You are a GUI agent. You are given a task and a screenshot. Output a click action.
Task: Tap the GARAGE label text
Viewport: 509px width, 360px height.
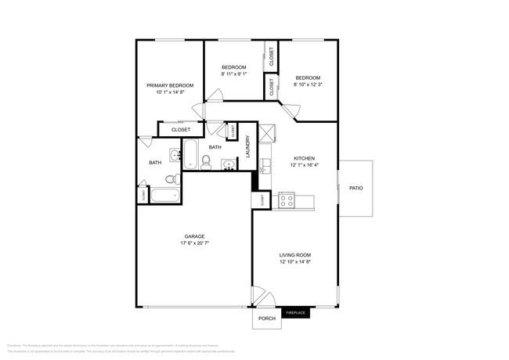pos(195,236)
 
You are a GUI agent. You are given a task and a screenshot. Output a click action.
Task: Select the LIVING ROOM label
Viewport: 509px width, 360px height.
pos(295,255)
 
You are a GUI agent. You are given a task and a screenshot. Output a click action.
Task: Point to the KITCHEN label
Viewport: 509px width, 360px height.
pos(304,157)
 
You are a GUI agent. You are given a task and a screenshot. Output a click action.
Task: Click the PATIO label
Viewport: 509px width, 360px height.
pos(356,188)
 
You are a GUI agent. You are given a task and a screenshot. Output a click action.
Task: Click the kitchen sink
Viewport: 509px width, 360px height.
pos(265,165)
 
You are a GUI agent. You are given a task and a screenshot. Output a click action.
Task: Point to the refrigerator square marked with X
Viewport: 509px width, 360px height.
pos(266,132)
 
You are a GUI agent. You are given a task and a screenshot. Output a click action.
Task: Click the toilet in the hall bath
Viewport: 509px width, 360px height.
pos(206,162)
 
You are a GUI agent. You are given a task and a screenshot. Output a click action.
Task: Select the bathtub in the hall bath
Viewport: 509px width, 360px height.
pos(191,153)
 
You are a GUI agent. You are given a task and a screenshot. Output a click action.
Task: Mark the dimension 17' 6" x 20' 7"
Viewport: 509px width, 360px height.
pos(195,243)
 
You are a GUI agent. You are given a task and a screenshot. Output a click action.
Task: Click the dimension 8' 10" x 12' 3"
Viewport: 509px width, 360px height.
pos(308,85)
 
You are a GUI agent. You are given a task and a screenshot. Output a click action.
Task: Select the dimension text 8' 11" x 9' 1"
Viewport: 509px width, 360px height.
pos(234,74)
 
